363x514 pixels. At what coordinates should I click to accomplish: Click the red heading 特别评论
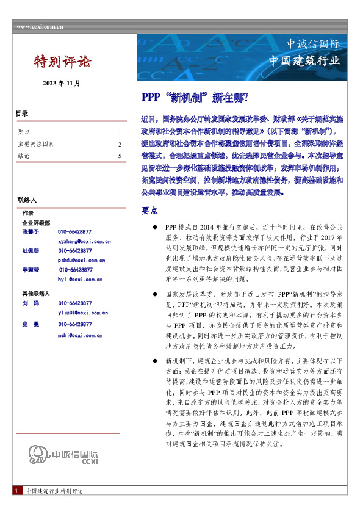click(x=62, y=62)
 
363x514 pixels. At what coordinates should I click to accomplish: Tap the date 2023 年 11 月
click(x=61, y=82)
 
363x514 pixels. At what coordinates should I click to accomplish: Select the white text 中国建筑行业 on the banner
click(x=304, y=61)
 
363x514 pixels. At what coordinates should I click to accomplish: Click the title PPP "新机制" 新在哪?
click(x=195, y=97)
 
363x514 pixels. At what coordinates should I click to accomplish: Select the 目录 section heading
click(x=21, y=114)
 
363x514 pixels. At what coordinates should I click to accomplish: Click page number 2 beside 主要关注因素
click(x=120, y=145)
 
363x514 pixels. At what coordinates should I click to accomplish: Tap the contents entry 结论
click(x=24, y=156)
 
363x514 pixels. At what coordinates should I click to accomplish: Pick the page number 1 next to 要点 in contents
click(x=120, y=132)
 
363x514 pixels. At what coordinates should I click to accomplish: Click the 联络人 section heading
click(x=27, y=200)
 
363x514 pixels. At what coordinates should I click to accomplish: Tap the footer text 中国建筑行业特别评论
click(x=54, y=508)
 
